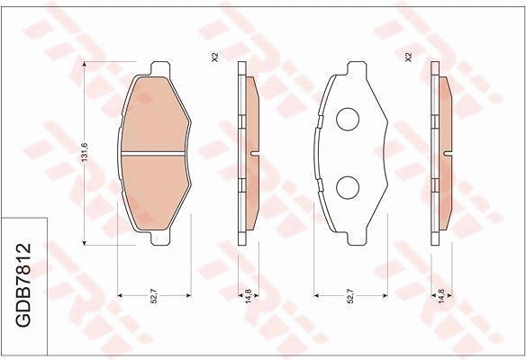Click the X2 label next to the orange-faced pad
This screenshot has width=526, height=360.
pos(214,58)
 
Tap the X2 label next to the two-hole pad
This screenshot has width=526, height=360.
pos(408,58)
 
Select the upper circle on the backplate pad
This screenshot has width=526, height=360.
pos(349,119)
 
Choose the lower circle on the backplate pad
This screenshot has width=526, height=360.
pos(349,186)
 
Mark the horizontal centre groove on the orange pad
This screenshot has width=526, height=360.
pos(154,154)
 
